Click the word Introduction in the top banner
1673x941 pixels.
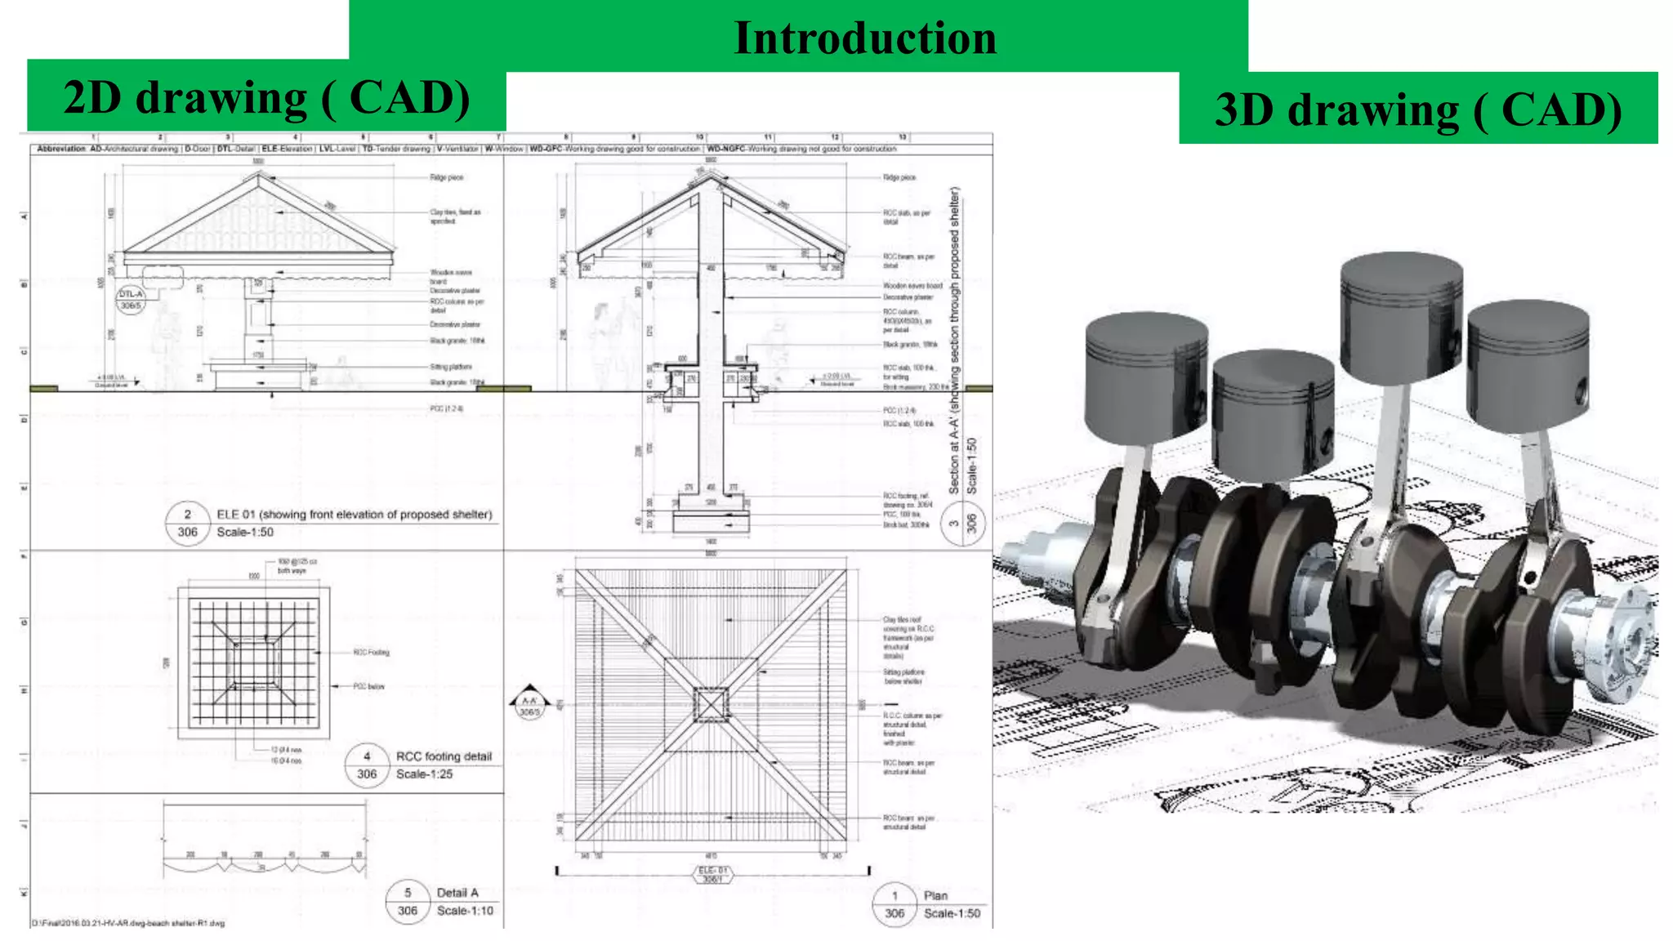865,38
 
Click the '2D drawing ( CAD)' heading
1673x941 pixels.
266,98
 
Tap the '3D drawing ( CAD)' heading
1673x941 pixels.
1418,109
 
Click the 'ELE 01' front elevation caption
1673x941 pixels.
354,515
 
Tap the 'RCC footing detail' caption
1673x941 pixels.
444,756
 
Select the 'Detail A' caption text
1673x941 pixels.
457,893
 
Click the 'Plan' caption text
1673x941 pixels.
935,895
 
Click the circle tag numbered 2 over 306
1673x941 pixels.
187,523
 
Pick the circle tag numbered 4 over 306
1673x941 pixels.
367,765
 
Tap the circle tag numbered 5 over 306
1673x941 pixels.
408,902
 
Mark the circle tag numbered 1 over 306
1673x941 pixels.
894,904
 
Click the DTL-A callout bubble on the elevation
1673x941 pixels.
131,299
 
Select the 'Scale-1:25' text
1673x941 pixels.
424,774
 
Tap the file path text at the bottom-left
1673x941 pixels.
128,923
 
